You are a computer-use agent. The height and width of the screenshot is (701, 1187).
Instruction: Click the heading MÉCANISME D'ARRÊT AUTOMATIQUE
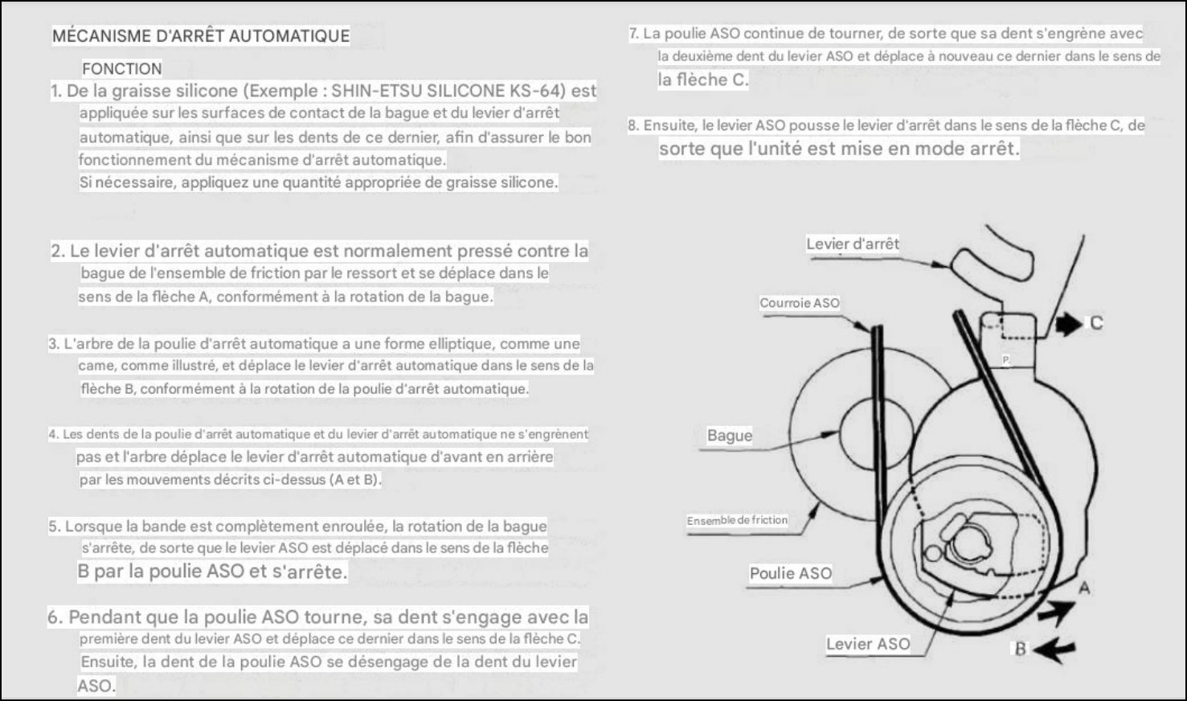coord(201,36)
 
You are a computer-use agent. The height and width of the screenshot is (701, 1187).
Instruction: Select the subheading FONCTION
coord(122,69)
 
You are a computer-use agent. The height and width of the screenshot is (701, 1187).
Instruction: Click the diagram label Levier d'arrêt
coord(853,244)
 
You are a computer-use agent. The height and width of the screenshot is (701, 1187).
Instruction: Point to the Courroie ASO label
coord(800,303)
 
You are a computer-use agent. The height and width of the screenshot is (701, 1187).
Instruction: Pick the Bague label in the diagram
coord(730,436)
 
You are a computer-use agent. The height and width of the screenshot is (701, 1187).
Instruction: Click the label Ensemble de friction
coord(737,520)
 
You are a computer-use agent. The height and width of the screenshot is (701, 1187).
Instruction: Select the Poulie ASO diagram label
coord(791,573)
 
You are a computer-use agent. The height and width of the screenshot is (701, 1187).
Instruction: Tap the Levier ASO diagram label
coord(868,644)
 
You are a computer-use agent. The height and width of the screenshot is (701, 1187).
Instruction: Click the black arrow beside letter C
coord(1068,324)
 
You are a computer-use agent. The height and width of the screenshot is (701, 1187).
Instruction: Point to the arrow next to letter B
coord(1054,650)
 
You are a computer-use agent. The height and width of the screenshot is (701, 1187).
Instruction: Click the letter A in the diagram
coord(1084,588)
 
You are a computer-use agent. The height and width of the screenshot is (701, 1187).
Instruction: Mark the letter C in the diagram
coord(1096,323)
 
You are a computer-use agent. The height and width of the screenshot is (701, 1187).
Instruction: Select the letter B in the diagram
coord(1021,649)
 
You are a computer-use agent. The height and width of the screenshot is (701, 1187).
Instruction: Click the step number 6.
coord(55,617)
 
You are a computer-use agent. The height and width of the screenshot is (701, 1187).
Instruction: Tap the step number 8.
coord(633,125)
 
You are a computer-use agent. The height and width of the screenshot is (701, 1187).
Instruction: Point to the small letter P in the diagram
coord(1005,359)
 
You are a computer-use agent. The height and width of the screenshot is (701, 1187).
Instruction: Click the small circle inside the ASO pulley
coord(932,553)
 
